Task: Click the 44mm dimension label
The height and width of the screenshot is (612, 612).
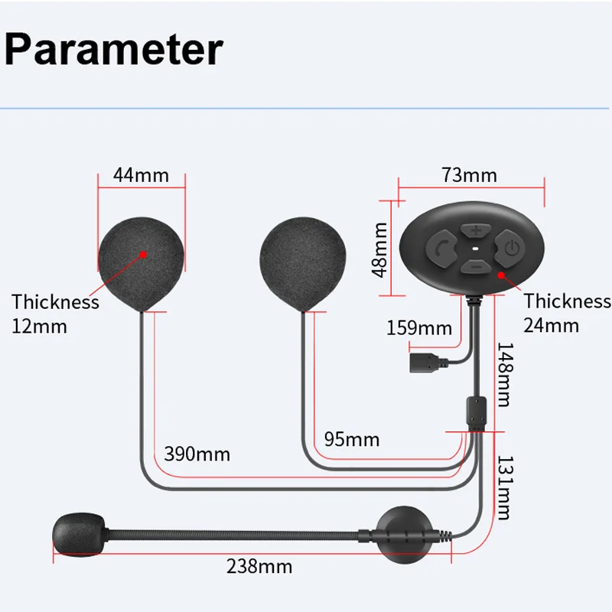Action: [141, 175]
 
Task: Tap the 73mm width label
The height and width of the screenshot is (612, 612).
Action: [469, 175]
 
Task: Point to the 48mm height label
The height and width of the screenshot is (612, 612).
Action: [378, 249]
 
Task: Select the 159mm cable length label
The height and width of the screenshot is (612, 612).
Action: [420, 328]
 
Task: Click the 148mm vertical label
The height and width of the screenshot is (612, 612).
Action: [506, 374]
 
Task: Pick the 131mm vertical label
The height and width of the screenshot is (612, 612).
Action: [506, 487]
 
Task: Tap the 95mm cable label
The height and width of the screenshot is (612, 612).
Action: [351, 439]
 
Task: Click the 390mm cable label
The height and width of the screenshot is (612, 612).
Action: [197, 454]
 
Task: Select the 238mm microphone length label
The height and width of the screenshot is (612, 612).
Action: [259, 567]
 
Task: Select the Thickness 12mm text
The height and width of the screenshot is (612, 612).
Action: [55, 314]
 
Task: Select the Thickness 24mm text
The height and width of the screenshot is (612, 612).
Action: [567, 312]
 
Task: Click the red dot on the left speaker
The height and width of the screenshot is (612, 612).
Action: [143, 251]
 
